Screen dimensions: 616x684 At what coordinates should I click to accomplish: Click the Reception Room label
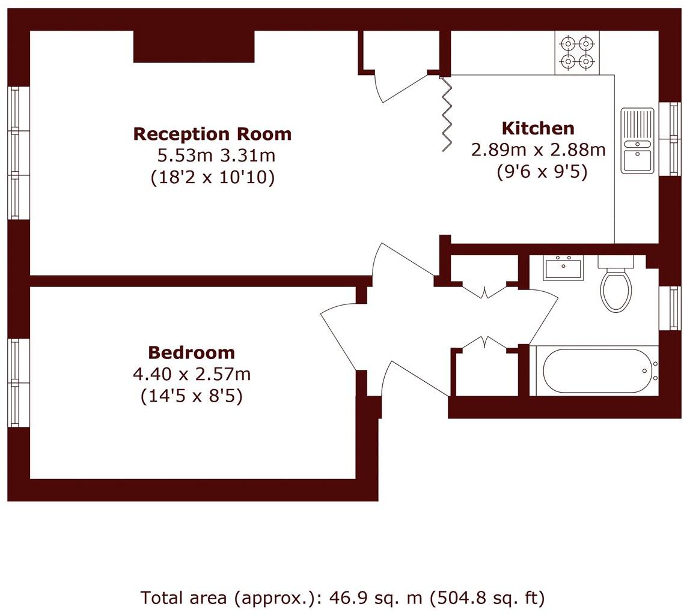[212, 134]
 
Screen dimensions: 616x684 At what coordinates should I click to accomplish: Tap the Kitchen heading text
[538, 128]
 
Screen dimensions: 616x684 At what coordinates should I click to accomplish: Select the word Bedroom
[191, 352]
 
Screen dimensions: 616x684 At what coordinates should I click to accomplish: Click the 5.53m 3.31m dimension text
[215, 156]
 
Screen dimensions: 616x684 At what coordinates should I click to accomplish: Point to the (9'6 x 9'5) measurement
[541, 172]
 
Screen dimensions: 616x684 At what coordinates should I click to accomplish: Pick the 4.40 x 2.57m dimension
[191, 375]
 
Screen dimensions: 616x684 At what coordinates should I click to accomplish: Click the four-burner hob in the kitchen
[576, 52]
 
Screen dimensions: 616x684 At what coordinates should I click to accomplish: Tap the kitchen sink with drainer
[637, 140]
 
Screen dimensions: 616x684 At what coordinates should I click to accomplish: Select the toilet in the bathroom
[615, 287]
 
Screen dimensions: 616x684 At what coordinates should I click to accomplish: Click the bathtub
[597, 371]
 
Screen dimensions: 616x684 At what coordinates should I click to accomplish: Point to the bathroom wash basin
[563, 268]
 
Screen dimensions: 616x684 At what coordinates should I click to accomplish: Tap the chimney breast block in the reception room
[194, 46]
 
